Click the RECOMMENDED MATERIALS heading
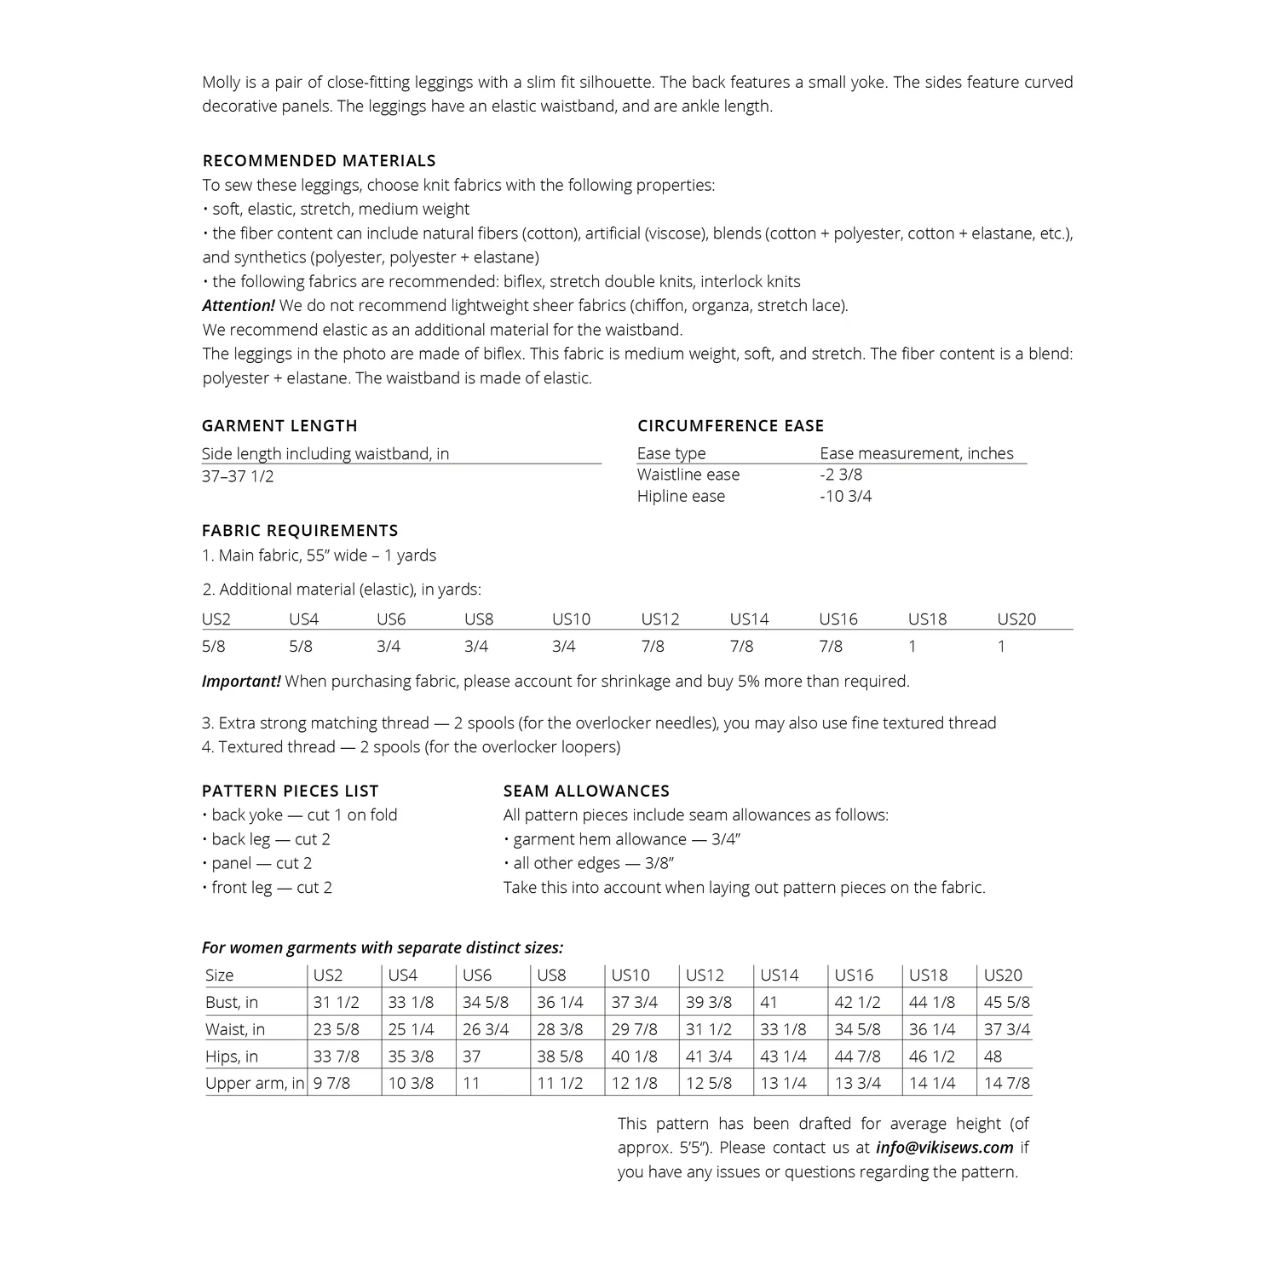coord(319,160)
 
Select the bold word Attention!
coord(239,305)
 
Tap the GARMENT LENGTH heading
coord(279,425)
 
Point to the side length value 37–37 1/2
coord(238,476)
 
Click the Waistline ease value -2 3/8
coord(841,475)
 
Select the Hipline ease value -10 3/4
coord(845,496)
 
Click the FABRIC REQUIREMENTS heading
coord(300,530)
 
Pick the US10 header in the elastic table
coord(571,619)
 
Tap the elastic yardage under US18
coord(912,646)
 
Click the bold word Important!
coord(241,681)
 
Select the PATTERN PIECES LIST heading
coord(290,791)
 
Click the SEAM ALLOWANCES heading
coord(586,791)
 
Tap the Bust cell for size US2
coord(336,1002)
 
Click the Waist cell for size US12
coord(708,1029)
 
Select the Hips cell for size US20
coord(993,1056)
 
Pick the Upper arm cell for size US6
coord(471,1083)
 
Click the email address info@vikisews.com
coord(944,1147)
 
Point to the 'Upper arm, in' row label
coord(254,1083)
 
